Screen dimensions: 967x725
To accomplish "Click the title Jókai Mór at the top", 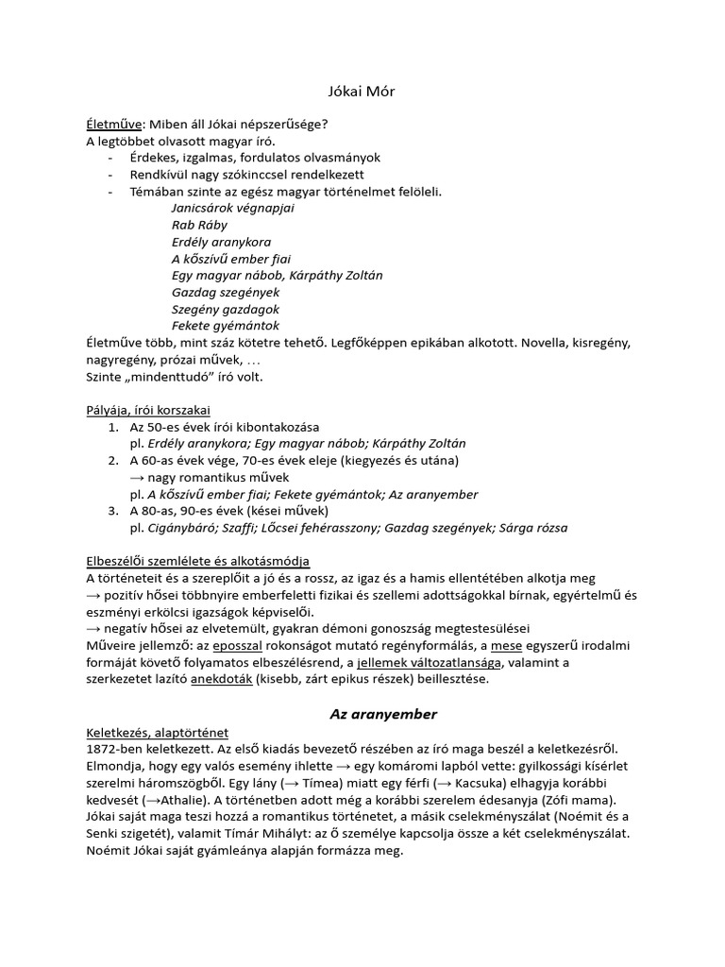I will coord(362,91).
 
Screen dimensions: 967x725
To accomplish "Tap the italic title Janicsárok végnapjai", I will coord(233,208).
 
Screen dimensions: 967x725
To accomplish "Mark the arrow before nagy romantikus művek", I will coord(138,478).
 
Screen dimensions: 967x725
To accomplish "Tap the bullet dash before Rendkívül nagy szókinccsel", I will coord(111,175).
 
